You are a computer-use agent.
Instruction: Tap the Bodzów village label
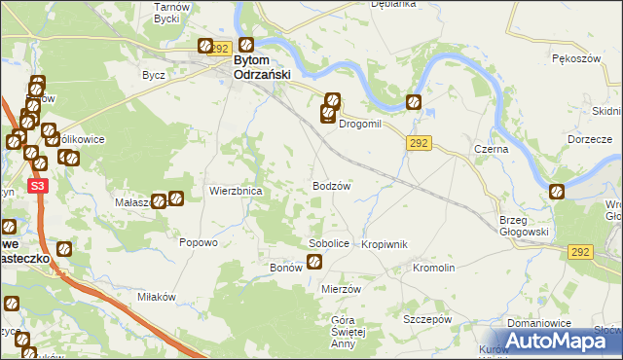click(331, 185)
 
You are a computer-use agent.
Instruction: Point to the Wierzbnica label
click(236, 192)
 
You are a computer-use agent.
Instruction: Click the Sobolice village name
click(328, 243)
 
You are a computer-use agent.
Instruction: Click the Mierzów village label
click(341, 289)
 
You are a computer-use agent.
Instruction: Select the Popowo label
click(198, 243)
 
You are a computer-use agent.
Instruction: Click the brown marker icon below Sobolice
click(314, 261)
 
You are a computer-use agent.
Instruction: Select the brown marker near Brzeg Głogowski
click(556, 192)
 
